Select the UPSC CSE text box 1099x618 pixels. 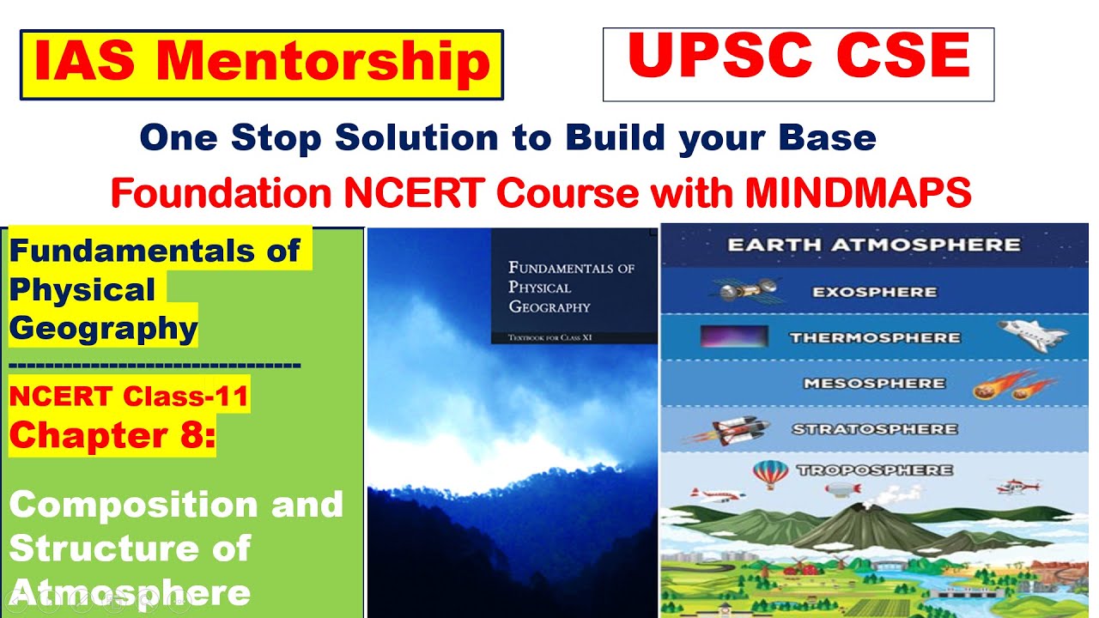(798, 64)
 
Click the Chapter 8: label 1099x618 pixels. (112, 435)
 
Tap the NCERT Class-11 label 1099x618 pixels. (129, 396)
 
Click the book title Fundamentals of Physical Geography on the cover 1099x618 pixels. (571, 287)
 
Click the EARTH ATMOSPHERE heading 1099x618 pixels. (874, 245)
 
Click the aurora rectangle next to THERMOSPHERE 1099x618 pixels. (733, 337)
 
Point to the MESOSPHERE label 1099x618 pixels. (874, 384)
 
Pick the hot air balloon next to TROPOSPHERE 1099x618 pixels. (770, 472)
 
